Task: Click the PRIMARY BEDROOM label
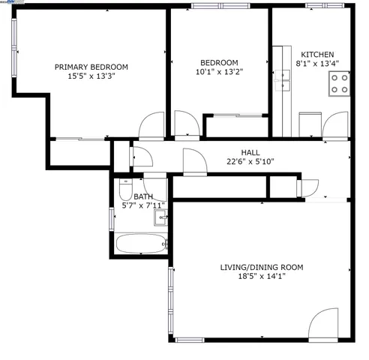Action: tap(91, 67)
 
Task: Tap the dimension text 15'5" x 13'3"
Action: tap(91, 76)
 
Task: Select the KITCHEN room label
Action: tap(317, 55)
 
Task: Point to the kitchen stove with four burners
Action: tap(340, 82)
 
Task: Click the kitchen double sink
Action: tap(284, 79)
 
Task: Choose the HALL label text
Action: tap(250, 152)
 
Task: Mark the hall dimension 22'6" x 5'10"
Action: tap(250, 161)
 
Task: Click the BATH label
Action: tap(142, 196)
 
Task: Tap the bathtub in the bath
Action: tap(142, 243)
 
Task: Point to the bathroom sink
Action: tap(161, 218)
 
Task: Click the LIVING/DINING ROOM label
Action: tap(262, 267)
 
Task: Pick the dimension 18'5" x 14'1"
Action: tap(262, 276)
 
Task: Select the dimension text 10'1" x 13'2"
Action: tap(219, 72)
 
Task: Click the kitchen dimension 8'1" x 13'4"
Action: tap(317, 64)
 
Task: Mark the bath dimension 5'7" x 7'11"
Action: tap(142, 205)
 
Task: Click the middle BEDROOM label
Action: tap(219, 62)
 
